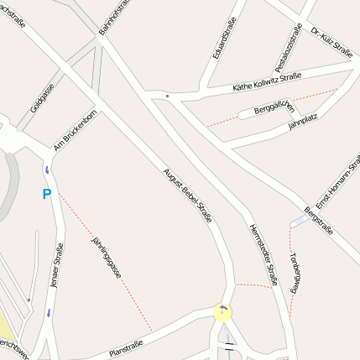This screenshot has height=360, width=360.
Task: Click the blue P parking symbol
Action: point(47,195)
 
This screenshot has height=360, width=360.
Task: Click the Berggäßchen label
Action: point(274,107)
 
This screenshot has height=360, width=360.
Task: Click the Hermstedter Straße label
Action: point(263,256)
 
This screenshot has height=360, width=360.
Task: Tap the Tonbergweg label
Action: point(295,273)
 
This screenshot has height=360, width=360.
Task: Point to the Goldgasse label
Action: point(42,97)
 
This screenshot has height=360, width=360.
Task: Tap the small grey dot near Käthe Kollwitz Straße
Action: point(168,97)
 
